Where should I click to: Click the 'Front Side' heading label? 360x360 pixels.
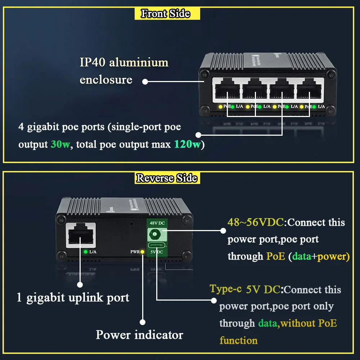pyautogui.click(x=165, y=14)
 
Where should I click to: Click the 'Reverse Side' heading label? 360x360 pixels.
pyautogui.click(x=167, y=178)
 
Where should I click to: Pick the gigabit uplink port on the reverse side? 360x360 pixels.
pyautogui.click(x=81, y=235)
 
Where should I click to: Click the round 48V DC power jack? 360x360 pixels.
pyautogui.click(x=155, y=235)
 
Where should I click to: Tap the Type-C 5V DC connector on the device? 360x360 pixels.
pyautogui.click(x=155, y=247)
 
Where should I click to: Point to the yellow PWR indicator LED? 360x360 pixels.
pyautogui.click(x=143, y=252)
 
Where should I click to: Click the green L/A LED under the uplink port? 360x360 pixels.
pyautogui.click(x=85, y=252)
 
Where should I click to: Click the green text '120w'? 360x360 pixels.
pyautogui.click(x=187, y=144)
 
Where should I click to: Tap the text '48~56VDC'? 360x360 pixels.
pyautogui.click(x=256, y=222)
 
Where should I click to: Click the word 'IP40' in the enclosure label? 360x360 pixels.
pyautogui.click(x=93, y=62)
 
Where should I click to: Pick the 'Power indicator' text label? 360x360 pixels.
pyautogui.click(x=139, y=335)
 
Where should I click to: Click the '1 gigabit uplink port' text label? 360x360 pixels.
pyautogui.click(x=73, y=298)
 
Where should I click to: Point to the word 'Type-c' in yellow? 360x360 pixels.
pyautogui.click(x=226, y=289)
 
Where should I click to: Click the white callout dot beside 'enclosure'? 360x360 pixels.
pyautogui.click(x=145, y=82)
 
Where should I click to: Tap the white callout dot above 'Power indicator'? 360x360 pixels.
pyautogui.click(x=143, y=322)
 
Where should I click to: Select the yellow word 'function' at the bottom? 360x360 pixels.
pyautogui.click(x=239, y=340)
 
